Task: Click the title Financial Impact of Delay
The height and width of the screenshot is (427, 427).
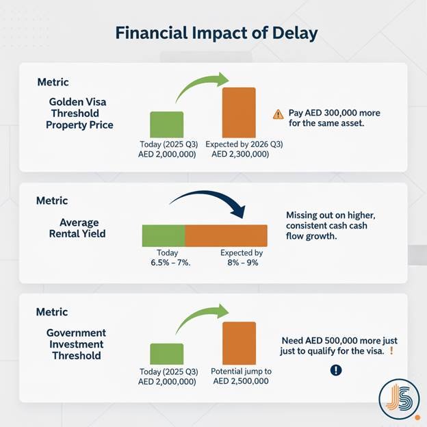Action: tap(213, 33)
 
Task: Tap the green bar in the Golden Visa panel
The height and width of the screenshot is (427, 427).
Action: tap(166, 125)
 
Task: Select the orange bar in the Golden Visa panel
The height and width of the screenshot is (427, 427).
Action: tap(239, 113)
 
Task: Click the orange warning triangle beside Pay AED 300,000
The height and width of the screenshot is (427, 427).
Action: tap(278, 115)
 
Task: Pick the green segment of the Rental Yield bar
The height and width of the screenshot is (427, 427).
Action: tap(164, 235)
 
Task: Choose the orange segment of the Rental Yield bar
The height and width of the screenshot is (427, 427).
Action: tap(226, 235)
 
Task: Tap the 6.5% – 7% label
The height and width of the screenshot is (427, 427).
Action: tap(166, 263)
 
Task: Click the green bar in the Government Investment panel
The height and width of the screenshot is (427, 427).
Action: tap(166, 355)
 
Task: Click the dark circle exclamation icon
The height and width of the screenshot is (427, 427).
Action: tap(335, 370)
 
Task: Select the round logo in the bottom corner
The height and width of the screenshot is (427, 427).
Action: tap(397, 398)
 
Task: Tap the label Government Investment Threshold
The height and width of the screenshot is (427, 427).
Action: tap(77, 344)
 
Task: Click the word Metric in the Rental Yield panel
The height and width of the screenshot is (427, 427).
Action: tap(52, 201)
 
